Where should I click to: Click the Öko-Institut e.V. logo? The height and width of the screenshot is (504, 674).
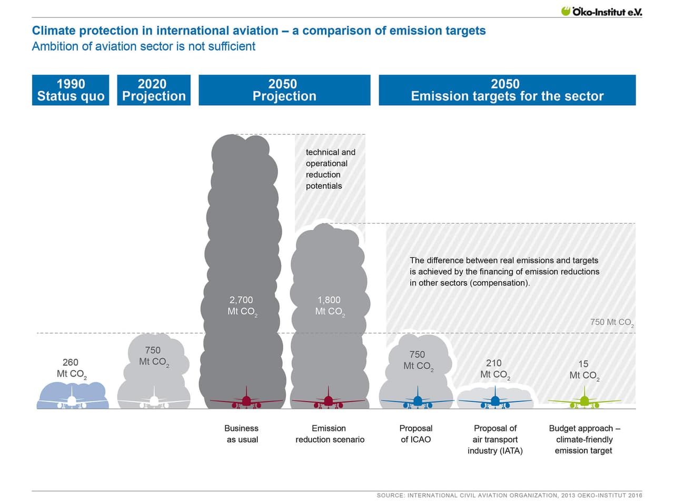(x=601, y=11)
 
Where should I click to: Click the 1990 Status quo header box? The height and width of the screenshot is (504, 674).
(x=71, y=90)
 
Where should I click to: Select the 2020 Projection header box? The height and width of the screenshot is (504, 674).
(x=154, y=90)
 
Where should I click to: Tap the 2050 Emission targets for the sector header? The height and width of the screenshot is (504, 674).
(x=507, y=90)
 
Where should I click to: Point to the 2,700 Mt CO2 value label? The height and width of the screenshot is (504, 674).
(x=242, y=306)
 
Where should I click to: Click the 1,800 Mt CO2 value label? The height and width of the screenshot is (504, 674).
(x=330, y=306)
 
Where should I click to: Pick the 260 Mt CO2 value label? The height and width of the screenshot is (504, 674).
(x=71, y=368)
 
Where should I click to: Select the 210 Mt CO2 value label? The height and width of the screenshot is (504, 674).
(x=494, y=369)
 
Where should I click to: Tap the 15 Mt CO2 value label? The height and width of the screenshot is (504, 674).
(x=584, y=370)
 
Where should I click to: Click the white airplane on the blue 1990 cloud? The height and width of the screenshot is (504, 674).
(x=72, y=401)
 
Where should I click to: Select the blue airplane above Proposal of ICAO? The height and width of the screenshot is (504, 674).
(x=418, y=400)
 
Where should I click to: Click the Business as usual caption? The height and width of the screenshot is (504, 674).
(x=242, y=434)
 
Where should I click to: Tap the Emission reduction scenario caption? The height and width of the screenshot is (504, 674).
(x=330, y=434)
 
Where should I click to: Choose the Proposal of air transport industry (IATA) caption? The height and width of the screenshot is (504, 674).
(x=495, y=439)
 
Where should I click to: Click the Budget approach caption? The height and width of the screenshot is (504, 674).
(x=584, y=439)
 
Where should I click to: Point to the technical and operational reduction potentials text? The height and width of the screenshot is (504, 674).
(x=330, y=169)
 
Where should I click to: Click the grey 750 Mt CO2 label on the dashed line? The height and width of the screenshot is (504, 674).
(x=611, y=322)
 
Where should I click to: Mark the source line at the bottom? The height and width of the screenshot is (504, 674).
(x=509, y=495)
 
